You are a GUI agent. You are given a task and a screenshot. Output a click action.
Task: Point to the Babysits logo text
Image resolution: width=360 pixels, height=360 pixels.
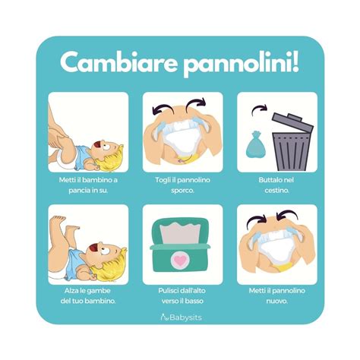coord(184,320)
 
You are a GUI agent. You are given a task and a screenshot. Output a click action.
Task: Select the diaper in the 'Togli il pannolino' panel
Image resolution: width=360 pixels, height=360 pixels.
coord(180,139)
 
